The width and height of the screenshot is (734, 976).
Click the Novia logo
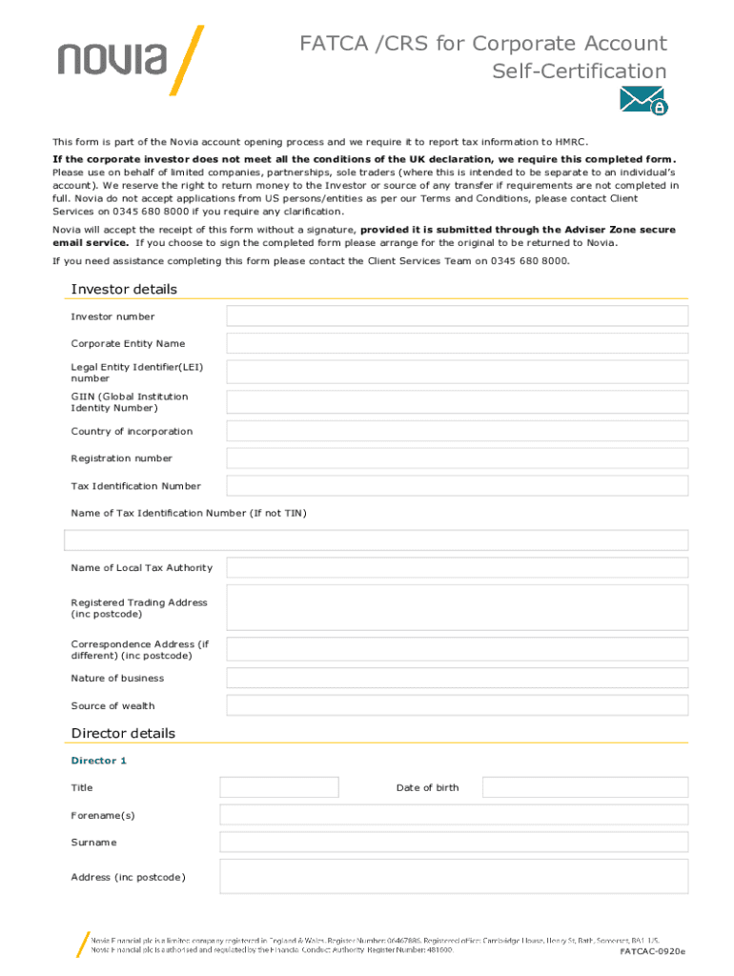point(130,61)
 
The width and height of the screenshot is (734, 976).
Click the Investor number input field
point(457,316)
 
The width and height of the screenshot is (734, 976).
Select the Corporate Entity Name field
point(457,343)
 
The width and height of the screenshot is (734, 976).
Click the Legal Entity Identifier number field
point(457,373)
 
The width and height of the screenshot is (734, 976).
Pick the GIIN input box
point(457,402)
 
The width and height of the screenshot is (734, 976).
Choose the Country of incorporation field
point(457,431)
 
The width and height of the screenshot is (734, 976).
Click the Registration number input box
point(457,458)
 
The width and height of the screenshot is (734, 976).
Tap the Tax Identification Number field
point(457,486)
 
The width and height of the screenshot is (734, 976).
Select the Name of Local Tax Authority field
point(457,568)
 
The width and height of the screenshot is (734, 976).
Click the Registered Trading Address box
point(457,607)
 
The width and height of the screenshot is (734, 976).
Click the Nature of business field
point(457,678)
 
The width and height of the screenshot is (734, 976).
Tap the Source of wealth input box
point(457,705)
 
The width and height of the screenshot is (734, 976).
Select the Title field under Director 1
point(279,787)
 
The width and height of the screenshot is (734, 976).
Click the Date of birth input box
point(584,787)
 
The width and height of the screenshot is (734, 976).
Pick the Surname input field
point(453,842)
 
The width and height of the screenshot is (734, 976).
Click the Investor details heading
point(124,290)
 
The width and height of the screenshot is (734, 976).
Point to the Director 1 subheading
point(99,761)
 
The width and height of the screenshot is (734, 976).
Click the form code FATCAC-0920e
point(652,951)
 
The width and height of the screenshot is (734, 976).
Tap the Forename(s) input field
point(453,815)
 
